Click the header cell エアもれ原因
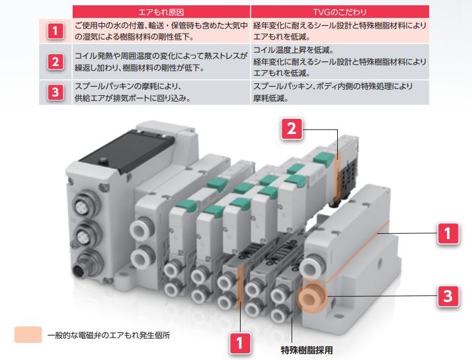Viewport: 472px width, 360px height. coord(161,11)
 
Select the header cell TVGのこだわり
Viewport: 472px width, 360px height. coord(340,11)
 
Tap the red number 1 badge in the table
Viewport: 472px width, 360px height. coord(56,30)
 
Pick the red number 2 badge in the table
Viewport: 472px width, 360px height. coord(56,62)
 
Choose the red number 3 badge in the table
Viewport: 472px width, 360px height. coord(56,92)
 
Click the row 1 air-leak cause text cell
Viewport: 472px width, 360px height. coord(161,30)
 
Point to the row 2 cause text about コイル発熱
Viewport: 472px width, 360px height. coord(161,62)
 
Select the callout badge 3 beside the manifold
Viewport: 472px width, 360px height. coord(448,295)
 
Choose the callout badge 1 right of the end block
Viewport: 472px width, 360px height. coord(448,233)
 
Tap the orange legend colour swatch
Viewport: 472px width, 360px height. coord(28,334)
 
